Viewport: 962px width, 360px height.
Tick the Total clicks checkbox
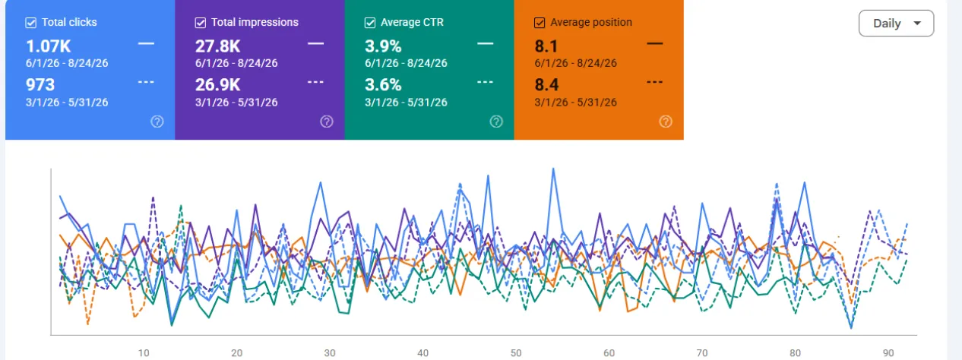pos(31,23)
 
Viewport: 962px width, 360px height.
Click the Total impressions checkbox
pos(200,23)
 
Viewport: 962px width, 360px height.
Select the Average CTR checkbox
pos(370,23)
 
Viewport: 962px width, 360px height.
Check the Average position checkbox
pos(540,23)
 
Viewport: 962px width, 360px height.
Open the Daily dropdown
pos(896,24)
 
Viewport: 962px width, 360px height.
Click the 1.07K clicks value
pos(48,46)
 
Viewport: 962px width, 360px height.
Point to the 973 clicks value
pos(40,84)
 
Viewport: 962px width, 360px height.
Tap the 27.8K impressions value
pos(218,46)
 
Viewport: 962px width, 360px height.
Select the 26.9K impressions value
pos(218,84)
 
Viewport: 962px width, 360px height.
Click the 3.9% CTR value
pos(383,46)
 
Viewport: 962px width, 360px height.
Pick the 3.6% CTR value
pos(383,84)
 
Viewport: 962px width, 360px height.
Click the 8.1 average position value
pos(546,46)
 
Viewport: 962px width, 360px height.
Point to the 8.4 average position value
pos(546,84)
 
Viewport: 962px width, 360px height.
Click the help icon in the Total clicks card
pos(157,122)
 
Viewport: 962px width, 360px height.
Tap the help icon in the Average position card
pos(666,122)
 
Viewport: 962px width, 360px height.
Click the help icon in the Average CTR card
pos(496,122)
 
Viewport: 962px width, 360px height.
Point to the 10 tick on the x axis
pos(144,353)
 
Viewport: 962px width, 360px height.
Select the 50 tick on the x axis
pos(516,353)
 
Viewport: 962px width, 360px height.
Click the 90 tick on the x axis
pos(888,353)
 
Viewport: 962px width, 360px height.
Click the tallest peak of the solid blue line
pos(553,169)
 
